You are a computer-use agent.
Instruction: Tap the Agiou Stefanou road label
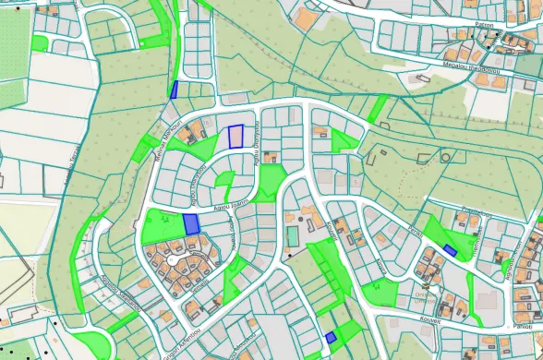click(x=194, y=186)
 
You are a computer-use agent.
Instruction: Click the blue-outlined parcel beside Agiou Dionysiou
click(x=236, y=137)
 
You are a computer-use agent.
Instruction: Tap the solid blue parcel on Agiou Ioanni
click(x=191, y=223)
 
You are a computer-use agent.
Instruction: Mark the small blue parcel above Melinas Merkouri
click(x=174, y=89)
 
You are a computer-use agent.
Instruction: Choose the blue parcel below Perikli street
click(x=450, y=250)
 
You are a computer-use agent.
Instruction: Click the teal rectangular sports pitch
click(x=293, y=235)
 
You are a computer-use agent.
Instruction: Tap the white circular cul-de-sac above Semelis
click(x=173, y=263)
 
